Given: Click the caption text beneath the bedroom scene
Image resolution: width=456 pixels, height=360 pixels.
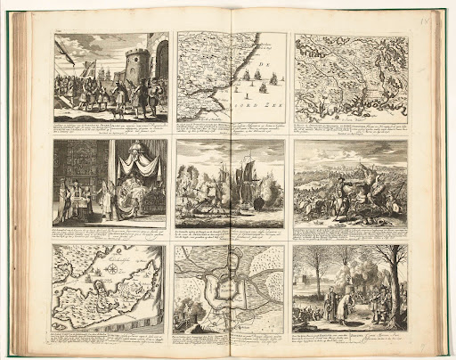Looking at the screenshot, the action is point(110,233).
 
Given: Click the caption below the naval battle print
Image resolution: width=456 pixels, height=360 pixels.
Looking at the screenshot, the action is point(230,233).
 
